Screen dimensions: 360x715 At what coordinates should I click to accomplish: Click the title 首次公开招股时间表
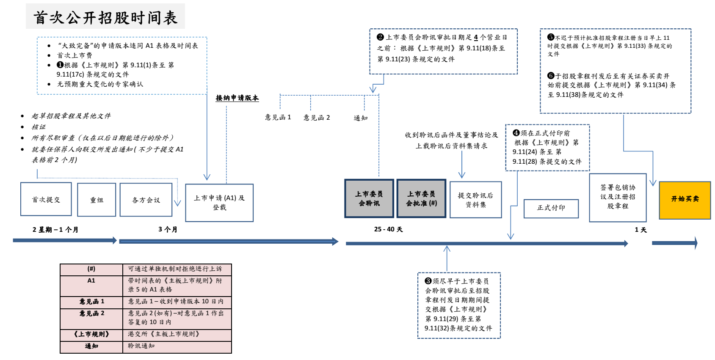coord(105,17)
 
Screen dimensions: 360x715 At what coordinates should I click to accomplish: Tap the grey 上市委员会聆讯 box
coord(369,198)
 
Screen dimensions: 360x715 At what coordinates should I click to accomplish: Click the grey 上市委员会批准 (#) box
coord(421,198)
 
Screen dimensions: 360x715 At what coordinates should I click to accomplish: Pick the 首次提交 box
coord(46,199)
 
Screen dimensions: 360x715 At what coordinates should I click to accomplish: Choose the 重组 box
coord(97,200)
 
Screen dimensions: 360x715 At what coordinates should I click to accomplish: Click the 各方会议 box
coord(146,200)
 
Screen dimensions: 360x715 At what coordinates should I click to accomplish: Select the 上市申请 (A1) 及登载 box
coord(219,203)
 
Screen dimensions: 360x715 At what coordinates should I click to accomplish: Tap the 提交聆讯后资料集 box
coord(475,200)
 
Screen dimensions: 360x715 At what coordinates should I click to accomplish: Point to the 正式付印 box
coord(551,208)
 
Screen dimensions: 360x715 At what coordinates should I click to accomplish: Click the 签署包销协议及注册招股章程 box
coord(618,197)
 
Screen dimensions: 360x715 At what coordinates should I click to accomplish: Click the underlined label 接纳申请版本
coord(237,98)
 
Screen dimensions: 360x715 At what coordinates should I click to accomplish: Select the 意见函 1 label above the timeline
coord(278,117)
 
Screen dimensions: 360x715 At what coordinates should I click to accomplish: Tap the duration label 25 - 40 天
coord(388,229)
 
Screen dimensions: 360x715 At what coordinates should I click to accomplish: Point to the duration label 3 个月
coord(168,229)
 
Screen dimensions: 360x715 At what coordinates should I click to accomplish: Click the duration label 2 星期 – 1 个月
coord(55,230)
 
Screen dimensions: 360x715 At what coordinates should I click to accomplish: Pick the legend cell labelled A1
coord(91,281)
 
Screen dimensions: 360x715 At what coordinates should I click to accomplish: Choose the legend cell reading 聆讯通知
coord(141,346)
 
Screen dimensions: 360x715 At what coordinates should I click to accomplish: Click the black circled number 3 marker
coord(428,281)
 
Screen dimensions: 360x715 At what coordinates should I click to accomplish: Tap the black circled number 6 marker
coord(551,76)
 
